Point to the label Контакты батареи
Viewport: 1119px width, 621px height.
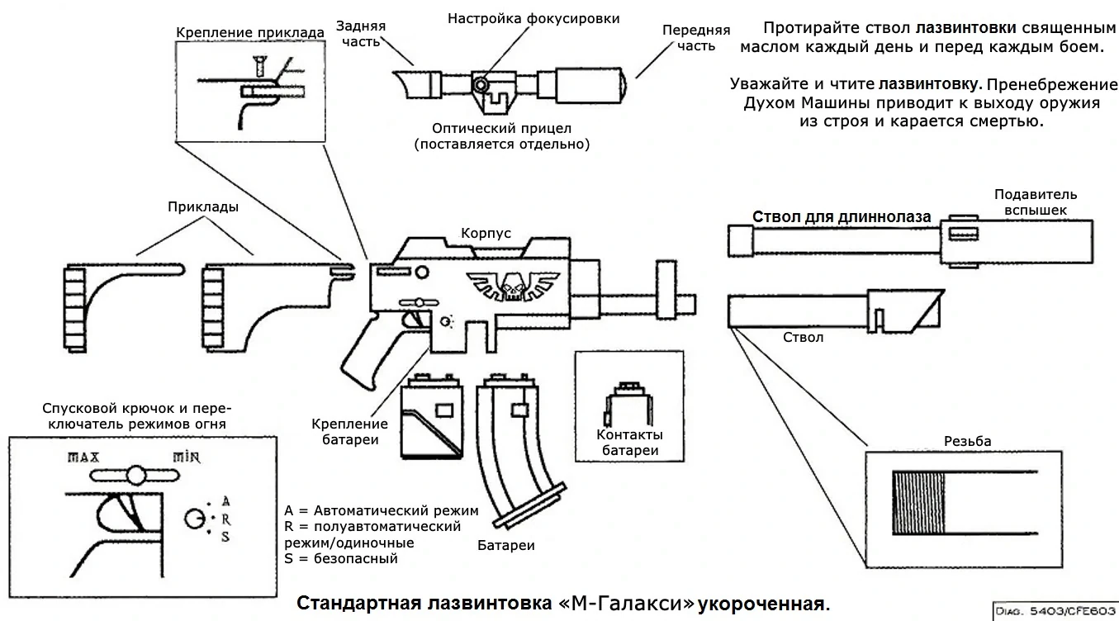coord(630,443)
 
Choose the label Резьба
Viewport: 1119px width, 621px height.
coord(967,441)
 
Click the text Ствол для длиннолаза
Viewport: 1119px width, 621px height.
coord(842,216)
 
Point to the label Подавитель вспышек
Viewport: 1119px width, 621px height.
coord(1036,202)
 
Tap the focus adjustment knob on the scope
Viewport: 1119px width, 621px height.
coord(481,83)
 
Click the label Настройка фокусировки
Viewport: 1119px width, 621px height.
coord(533,18)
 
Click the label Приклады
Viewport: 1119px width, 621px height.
coord(203,207)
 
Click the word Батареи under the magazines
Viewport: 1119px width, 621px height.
coord(506,546)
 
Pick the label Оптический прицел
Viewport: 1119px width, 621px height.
coord(501,129)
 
